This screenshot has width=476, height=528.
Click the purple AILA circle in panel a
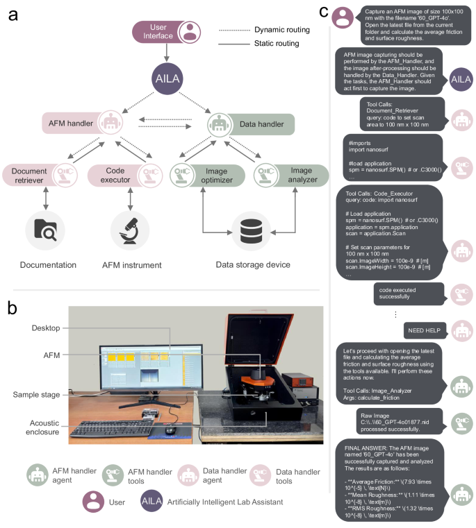click(x=167, y=77)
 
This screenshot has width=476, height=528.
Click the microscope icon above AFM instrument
click(x=130, y=230)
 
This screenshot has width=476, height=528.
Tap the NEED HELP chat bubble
click(x=423, y=331)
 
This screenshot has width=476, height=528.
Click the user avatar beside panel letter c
click(x=343, y=17)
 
